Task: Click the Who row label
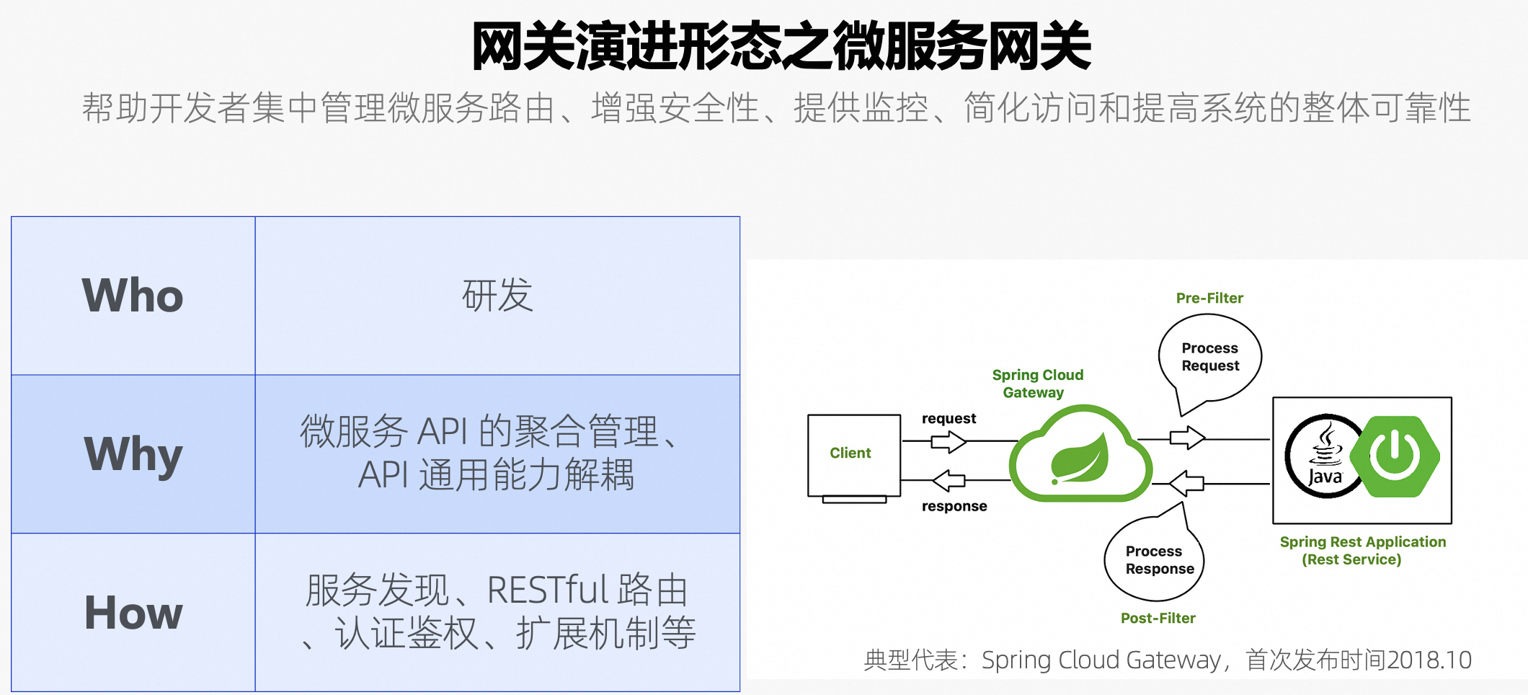coord(133,296)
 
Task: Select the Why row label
coord(133,454)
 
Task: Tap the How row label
coord(133,613)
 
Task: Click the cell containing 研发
coord(497,296)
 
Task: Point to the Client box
coord(853,454)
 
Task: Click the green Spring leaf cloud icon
coord(1080,457)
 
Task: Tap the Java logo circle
coord(1323,457)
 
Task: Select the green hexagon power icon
coord(1395,456)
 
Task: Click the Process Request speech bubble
coord(1209,358)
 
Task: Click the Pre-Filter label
coord(1209,298)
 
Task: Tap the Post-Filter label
coord(1158,618)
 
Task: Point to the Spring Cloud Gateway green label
coord(1036,384)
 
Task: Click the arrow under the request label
coord(948,441)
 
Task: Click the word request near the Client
coord(949,419)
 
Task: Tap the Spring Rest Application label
coord(1362,550)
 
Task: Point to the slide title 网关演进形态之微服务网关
coord(781,46)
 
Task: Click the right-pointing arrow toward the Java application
coord(1186,438)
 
